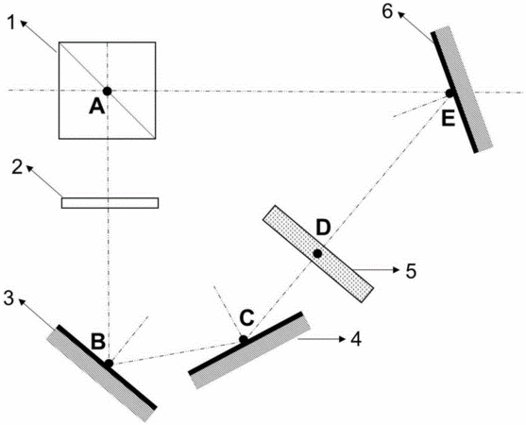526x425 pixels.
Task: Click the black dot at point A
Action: tap(108, 91)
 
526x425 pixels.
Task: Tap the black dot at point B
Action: tap(109, 364)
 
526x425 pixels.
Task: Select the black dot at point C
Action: tap(244, 340)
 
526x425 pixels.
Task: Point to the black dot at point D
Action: tap(317, 254)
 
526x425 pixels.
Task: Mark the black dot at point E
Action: tap(450, 93)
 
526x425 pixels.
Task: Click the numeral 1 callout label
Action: tap(12, 23)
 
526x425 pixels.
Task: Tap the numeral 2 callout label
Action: tap(17, 167)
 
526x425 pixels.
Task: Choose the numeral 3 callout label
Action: tap(9, 298)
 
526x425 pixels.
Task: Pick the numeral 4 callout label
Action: tap(356, 339)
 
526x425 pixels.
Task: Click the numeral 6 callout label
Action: tap(387, 12)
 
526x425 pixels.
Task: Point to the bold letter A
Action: tap(97, 108)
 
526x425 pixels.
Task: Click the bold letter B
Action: tap(98, 342)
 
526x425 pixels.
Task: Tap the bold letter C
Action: tap(246, 318)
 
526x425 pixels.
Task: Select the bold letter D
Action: tap(323, 228)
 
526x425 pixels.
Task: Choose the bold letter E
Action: tap(449, 119)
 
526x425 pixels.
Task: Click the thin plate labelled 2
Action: tap(110, 203)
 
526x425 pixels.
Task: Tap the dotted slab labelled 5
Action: tap(317, 254)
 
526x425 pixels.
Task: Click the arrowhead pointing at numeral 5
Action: tap(397, 270)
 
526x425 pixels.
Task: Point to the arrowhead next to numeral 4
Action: tap(342, 339)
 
